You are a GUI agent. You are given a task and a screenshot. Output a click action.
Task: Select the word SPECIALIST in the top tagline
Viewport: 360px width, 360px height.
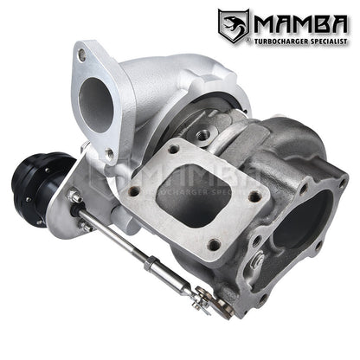pos(325,39)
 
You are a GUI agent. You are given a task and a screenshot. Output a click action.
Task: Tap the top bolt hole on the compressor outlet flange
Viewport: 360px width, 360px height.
pos(81,55)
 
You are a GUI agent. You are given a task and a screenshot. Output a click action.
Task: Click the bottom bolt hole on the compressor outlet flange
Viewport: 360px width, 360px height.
pos(109,154)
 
